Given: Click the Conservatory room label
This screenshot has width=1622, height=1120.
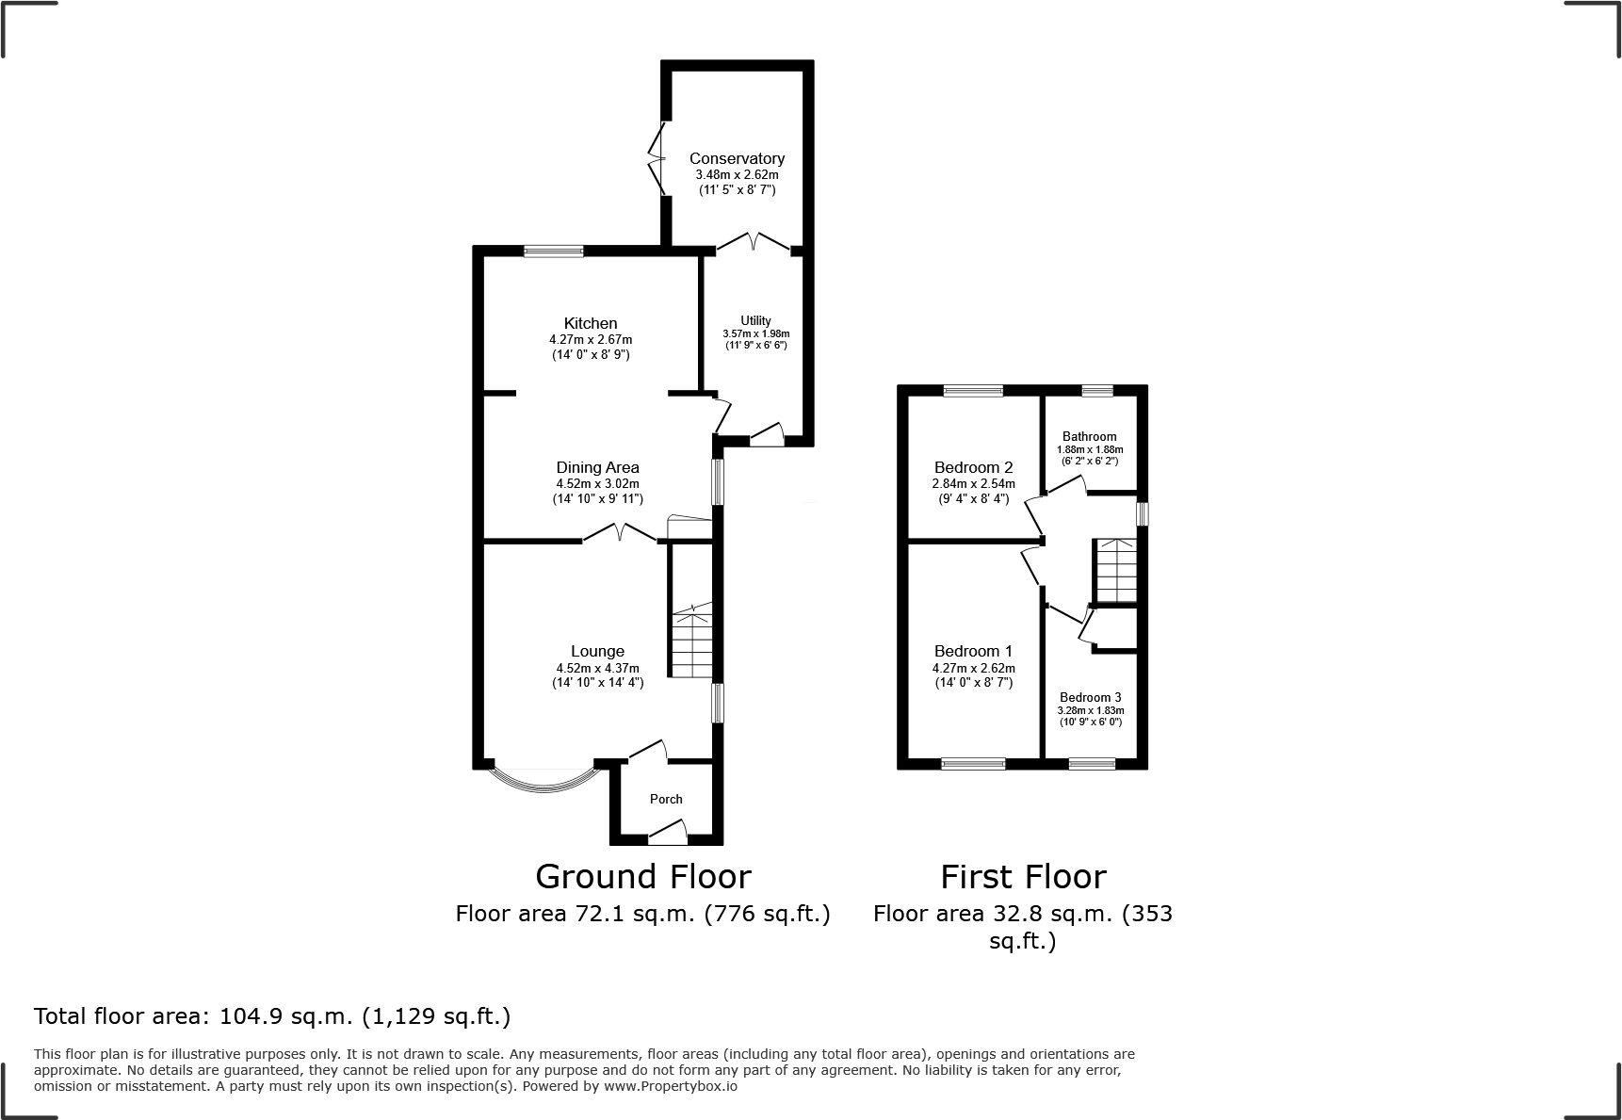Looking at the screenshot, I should pos(737,158).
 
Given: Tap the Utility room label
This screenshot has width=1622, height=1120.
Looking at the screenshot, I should pos(755,320).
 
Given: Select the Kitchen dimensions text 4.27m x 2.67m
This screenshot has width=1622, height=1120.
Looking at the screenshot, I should pos(591,340).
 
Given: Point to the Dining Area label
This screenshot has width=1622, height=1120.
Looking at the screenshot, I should pos(597,467).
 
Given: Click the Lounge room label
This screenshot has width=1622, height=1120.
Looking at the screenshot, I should pos(597,651).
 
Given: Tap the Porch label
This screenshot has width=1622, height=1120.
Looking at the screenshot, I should pos(666,799).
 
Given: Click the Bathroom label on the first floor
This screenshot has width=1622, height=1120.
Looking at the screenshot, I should pos(1089,436).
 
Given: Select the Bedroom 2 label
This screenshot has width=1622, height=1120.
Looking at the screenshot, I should pos(973,467).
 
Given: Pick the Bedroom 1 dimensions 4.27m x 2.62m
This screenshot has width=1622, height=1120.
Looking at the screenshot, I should pos(973,668).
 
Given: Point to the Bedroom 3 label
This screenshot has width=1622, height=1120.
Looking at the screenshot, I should pos(1090,697).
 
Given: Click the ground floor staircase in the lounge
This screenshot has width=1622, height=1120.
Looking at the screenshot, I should pos(691,641).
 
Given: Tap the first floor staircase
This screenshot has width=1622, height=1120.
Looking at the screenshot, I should pos(1116,571).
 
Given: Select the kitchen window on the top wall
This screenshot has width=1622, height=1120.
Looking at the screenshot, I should pos(554,251).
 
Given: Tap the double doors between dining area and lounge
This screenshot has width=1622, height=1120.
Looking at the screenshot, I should pos(619,534).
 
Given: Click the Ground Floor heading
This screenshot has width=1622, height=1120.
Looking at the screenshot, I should pos(643,877).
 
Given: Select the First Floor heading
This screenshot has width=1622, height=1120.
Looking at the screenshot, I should pos(1023,877).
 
